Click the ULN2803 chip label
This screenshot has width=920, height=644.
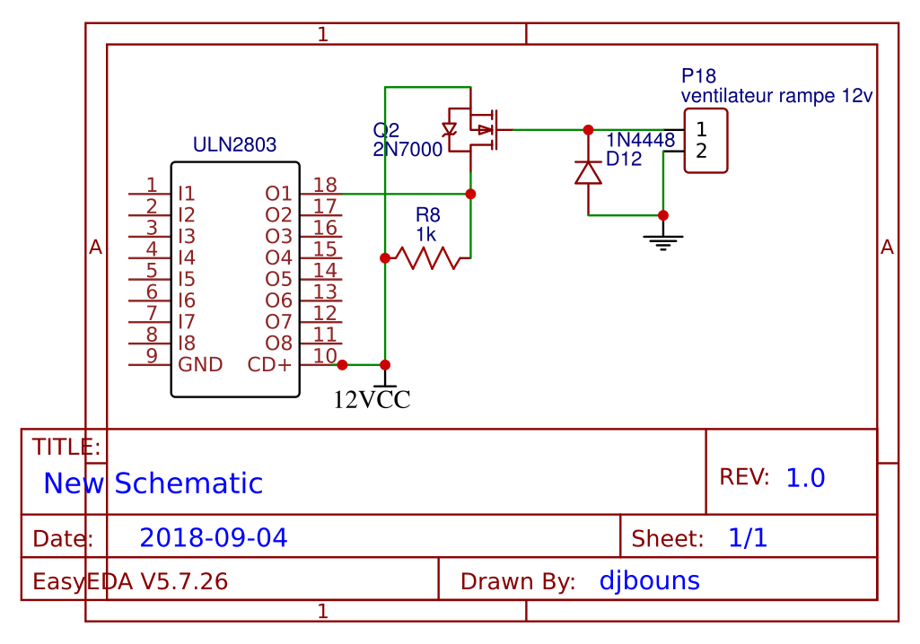(x=234, y=144)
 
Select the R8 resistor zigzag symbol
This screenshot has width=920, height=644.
(x=433, y=258)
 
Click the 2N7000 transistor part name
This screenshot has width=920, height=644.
(x=407, y=150)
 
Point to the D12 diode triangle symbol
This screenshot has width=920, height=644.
(x=588, y=172)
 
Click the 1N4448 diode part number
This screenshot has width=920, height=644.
(x=640, y=140)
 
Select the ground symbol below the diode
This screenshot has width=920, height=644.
(x=663, y=239)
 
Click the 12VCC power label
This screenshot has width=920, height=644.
(x=372, y=400)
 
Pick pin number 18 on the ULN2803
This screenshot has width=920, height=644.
(x=325, y=185)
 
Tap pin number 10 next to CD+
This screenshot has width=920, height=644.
(x=325, y=357)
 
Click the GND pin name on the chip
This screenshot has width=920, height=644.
(x=200, y=365)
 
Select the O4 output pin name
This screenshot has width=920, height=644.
(x=278, y=257)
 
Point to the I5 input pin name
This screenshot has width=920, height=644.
(x=187, y=279)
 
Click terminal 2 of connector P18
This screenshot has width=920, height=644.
(x=702, y=151)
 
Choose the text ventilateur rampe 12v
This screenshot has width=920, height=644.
(x=776, y=95)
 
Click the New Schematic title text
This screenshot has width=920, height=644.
(x=153, y=483)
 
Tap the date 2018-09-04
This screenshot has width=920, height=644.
(x=214, y=538)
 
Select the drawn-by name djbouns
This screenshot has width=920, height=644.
(x=649, y=580)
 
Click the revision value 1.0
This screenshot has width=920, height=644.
(x=805, y=478)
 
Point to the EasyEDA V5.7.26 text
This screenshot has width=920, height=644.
(x=130, y=581)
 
